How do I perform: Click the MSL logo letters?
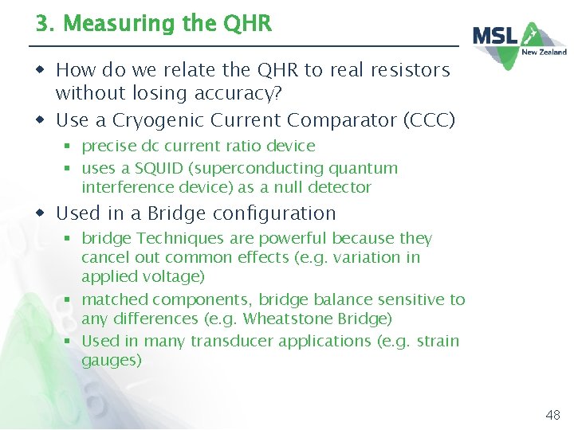click(496, 37)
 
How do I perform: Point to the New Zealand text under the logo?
click(544, 52)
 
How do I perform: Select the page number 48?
click(552, 415)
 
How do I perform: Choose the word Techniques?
click(174, 238)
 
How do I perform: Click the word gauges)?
click(112, 360)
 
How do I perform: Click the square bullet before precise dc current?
click(70, 147)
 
